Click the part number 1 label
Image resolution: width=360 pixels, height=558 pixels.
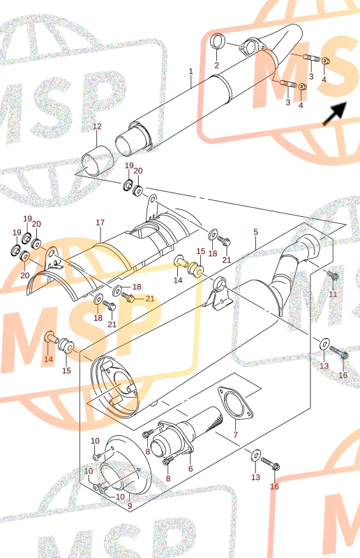[x=191, y=71]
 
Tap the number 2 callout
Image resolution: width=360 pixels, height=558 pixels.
[x=216, y=65]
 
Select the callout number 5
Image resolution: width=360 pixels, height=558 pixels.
[x=255, y=232]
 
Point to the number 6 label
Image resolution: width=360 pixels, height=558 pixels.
[x=190, y=469]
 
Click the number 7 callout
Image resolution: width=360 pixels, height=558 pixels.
[x=235, y=435]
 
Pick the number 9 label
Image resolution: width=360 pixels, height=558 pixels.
[x=130, y=506]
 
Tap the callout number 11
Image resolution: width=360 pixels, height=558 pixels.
[x=333, y=294]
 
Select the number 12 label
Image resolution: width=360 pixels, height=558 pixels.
[x=97, y=126]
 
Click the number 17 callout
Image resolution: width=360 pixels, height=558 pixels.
[x=100, y=223]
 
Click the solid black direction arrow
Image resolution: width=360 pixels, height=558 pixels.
[x=334, y=114]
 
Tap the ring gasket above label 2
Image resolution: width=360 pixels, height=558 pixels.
[x=217, y=41]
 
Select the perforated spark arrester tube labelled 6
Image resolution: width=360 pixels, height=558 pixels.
[x=187, y=434]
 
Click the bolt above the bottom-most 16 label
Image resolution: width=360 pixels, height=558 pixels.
[x=271, y=464]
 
